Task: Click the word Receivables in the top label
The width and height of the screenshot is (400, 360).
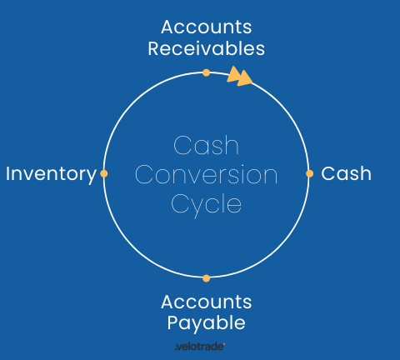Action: point(207,48)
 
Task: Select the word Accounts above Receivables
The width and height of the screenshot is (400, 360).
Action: point(207,27)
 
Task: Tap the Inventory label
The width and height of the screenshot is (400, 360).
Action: point(51,174)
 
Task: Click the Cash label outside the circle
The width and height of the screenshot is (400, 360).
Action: point(346,174)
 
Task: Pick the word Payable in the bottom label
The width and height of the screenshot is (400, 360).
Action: point(206,322)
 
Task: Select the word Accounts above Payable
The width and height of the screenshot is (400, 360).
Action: point(206,302)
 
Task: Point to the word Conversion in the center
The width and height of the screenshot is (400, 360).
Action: point(206,175)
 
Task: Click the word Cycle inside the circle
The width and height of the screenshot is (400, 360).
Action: point(206,204)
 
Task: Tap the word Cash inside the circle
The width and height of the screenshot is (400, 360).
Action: point(206,146)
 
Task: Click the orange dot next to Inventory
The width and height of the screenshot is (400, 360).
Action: point(104,173)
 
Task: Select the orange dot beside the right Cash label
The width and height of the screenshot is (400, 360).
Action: point(309,173)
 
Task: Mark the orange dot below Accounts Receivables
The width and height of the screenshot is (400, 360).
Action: point(206,72)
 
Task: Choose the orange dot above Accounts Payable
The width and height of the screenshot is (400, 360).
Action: point(206,277)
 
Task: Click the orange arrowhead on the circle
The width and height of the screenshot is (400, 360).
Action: point(240,77)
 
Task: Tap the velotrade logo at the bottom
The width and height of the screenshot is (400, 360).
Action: point(200,346)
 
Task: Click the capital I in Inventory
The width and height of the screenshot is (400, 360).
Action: point(8,173)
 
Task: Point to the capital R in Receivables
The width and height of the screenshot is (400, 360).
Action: point(154,48)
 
